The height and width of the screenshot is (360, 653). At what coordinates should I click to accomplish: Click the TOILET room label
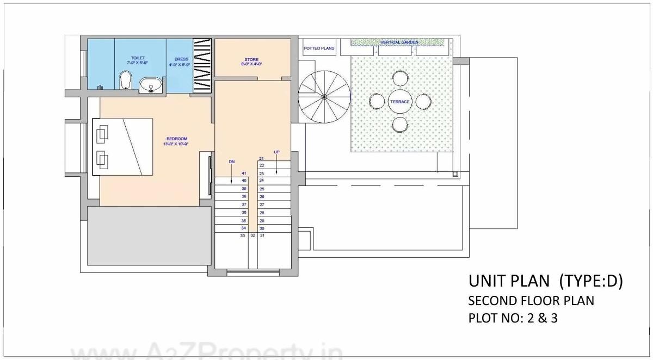(x=138, y=57)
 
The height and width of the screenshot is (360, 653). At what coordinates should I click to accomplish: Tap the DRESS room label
(x=181, y=59)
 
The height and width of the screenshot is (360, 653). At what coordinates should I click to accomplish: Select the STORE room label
(x=251, y=59)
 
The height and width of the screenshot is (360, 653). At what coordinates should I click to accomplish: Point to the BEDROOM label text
(x=175, y=138)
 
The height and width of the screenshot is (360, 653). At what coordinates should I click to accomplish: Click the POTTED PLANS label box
(x=318, y=48)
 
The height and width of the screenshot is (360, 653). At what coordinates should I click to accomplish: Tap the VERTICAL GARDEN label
(x=399, y=42)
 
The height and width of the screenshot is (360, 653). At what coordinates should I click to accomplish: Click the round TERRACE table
(x=400, y=102)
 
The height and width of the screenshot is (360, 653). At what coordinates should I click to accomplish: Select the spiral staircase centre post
(x=324, y=97)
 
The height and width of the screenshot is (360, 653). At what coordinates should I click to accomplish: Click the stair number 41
(x=244, y=173)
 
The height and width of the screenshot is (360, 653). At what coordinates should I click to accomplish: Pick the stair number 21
(x=262, y=158)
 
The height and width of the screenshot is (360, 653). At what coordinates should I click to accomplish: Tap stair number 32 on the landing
(x=252, y=235)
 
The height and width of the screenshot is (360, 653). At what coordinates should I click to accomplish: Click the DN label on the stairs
(x=232, y=162)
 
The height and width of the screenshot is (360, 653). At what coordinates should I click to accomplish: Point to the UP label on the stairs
(x=276, y=152)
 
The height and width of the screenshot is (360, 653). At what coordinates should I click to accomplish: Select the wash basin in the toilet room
(x=150, y=85)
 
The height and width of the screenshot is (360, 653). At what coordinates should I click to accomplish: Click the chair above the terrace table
(x=400, y=79)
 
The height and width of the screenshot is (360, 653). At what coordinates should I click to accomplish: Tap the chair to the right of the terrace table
(x=423, y=102)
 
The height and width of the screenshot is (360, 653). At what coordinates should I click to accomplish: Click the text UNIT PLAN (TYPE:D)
(x=545, y=282)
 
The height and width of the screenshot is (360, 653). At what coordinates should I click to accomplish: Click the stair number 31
(x=262, y=235)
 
